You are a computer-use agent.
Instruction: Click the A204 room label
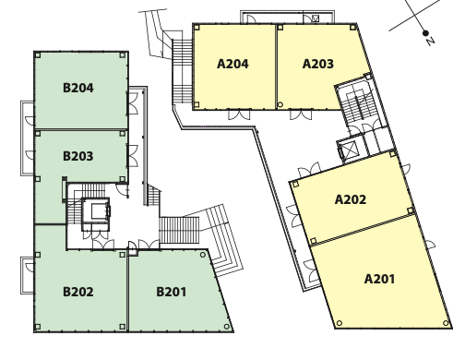coord(232,64)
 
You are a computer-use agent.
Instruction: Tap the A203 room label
coord(318,64)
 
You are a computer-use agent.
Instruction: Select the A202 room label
coord(351,199)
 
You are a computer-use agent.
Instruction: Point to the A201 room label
coord(379,279)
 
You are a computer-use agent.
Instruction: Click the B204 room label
coord(78,88)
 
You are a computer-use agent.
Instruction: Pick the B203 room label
coord(78,156)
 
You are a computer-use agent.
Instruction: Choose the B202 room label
coord(78,292)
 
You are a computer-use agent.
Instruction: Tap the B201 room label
coord(172,292)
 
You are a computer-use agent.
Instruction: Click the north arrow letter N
coord(431,41)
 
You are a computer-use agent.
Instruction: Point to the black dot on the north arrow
coord(425,33)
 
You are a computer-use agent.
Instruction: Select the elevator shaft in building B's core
coord(96,212)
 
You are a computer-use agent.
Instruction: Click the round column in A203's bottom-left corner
coord(280,104)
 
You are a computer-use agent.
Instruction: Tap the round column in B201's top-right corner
coord(203,255)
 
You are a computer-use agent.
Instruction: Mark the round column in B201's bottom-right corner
coord(227,327)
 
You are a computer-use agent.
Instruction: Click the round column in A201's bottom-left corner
coord(340,323)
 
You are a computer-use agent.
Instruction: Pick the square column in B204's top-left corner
coord(38,55)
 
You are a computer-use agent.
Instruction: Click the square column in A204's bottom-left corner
coord(197,104)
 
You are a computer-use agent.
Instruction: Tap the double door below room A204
coord(239,114)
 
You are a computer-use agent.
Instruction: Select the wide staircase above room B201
coord(179,230)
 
